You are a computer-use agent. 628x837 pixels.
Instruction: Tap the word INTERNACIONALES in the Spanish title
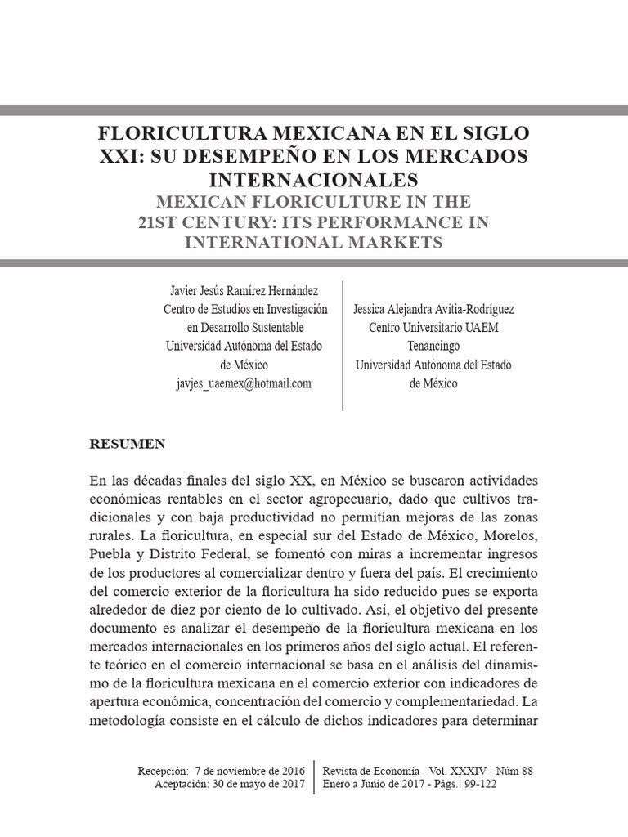[x=314, y=178]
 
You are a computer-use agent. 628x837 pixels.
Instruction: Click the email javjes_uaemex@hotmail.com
[x=244, y=383]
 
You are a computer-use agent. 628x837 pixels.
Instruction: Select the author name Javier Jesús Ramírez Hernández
[x=244, y=290]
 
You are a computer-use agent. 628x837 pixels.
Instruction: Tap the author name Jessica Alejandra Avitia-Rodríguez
[x=433, y=310]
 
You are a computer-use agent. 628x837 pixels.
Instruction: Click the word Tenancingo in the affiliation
[x=433, y=346]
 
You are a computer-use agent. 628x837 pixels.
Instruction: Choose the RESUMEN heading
[x=127, y=444]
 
